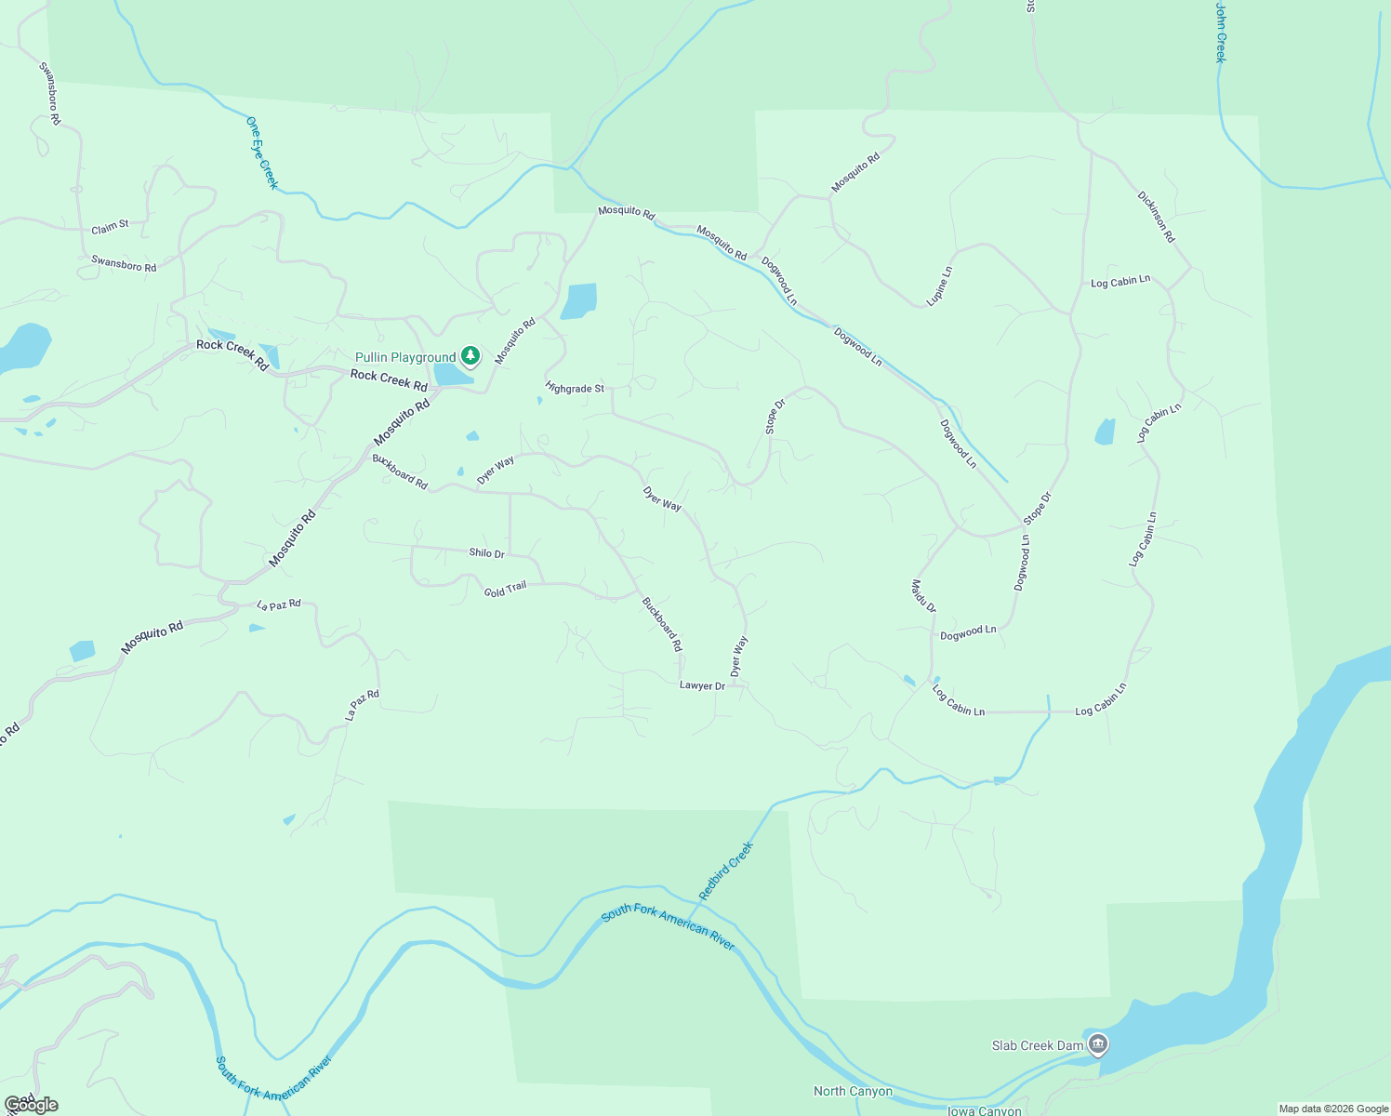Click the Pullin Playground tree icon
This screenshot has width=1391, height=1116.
click(x=471, y=355)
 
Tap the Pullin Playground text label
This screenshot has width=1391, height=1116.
click(x=405, y=357)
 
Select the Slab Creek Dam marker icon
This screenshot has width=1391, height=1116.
click(x=1098, y=1044)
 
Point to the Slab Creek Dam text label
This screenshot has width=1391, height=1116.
click(x=1038, y=1045)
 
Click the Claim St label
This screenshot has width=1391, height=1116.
click(x=110, y=228)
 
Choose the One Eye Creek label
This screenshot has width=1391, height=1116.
click(x=262, y=153)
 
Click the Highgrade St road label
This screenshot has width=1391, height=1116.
click(x=575, y=388)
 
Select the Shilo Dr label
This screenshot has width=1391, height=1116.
click(x=486, y=553)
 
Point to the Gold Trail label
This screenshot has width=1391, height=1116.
click(x=505, y=589)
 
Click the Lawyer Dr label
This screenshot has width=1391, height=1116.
click(x=702, y=685)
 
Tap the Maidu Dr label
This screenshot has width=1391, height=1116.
click(x=923, y=596)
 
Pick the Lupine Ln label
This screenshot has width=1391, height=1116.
click(x=940, y=286)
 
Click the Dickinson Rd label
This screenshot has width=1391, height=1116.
click(x=1156, y=217)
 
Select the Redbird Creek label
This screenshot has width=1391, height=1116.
click(x=725, y=870)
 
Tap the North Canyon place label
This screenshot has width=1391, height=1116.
click(x=853, y=1092)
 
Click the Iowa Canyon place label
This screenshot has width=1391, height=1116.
click(x=984, y=1110)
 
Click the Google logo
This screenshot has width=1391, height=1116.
click(x=32, y=1105)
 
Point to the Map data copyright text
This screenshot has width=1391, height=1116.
click(x=1333, y=1109)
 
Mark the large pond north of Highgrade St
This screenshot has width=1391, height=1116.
click(x=578, y=301)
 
